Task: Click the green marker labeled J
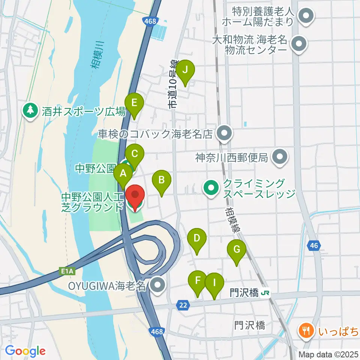185,70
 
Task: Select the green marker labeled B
161,180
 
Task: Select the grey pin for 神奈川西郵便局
280,157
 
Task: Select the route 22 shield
183,306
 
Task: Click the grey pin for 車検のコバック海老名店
224,133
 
